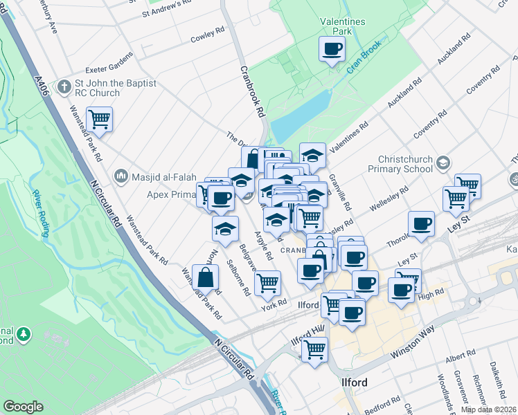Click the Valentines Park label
pos(342,26)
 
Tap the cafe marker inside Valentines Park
pos(332,49)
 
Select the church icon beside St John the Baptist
pos(64,86)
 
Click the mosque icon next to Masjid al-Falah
pos(122,176)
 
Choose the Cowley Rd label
pos(208,32)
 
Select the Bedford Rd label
pos(386,401)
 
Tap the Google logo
pos(23,407)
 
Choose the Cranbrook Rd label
pos(253,91)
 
